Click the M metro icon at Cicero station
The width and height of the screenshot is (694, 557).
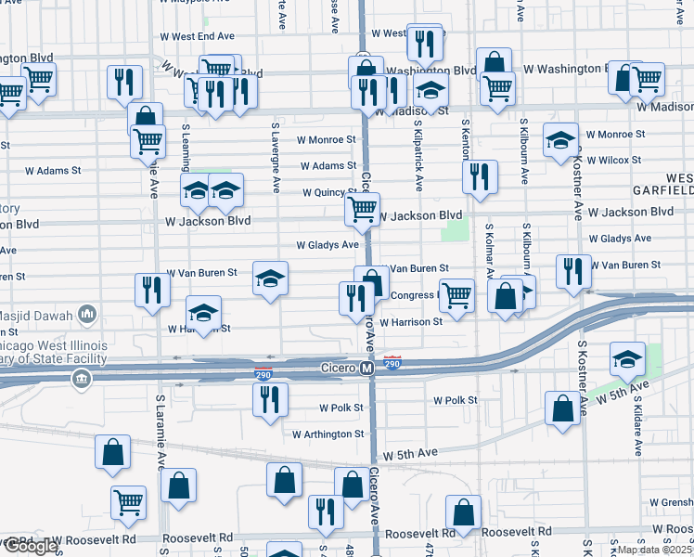tap(366, 369)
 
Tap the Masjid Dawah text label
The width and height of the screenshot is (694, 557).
tap(38, 314)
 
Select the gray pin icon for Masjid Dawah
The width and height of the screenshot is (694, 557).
tap(87, 314)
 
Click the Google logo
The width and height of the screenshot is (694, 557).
tap(30, 547)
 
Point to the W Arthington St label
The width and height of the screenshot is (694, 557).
tap(328, 434)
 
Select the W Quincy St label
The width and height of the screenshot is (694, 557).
tap(329, 193)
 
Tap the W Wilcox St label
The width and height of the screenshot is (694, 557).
tap(614, 161)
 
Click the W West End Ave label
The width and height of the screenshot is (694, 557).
tap(203, 36)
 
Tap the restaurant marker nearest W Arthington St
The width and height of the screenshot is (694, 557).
tap(270, 399)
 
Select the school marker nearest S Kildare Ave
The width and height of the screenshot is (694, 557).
tap(628, 358)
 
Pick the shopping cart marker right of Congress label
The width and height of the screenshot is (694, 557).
tap(456, 295)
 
